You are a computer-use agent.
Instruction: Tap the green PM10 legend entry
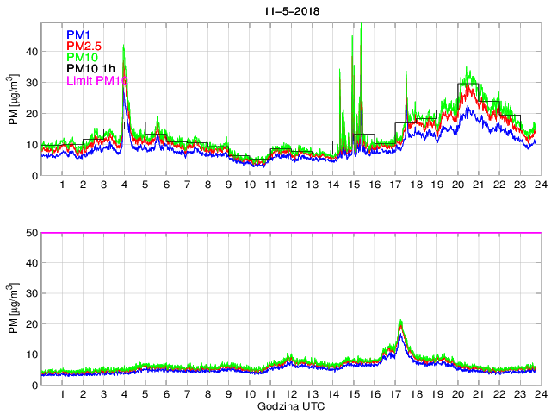83,57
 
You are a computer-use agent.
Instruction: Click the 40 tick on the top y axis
31,51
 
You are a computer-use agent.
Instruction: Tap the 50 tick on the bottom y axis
31,233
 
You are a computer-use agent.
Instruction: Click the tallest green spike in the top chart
360,28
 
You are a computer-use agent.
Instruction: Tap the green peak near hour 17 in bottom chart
400,321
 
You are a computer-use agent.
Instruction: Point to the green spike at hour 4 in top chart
124,47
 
